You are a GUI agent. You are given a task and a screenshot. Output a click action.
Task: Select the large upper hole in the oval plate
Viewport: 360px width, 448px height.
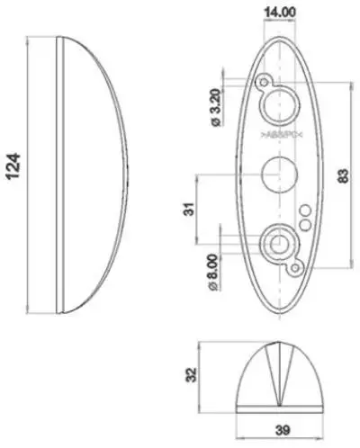point(277,104)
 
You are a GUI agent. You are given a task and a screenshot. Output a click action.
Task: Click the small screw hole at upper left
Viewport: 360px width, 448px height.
point(263,83)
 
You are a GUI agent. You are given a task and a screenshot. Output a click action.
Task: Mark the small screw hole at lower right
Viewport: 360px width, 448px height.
point(292,267)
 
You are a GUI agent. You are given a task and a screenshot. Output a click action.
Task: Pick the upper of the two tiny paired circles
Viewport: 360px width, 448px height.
point(303,211)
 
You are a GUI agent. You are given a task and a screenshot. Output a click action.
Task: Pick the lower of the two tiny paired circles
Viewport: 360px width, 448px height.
point(303,223)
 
